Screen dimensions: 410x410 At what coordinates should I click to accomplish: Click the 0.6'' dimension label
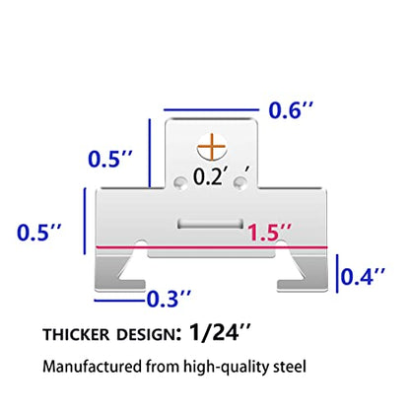291,110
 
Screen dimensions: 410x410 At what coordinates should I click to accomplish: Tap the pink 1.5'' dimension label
269,233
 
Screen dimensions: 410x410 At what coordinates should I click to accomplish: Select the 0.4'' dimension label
363,276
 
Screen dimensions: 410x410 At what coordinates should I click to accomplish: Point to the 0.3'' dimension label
169,299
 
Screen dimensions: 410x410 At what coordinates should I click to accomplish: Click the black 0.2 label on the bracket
208,176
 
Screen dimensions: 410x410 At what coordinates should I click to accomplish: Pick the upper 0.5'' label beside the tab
110,159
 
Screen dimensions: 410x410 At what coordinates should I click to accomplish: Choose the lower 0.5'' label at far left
39,233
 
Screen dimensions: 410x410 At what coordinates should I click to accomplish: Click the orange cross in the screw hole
212,147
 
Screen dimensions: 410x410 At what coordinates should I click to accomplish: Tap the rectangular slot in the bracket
211,224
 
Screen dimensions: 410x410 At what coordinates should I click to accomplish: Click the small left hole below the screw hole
180,182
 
